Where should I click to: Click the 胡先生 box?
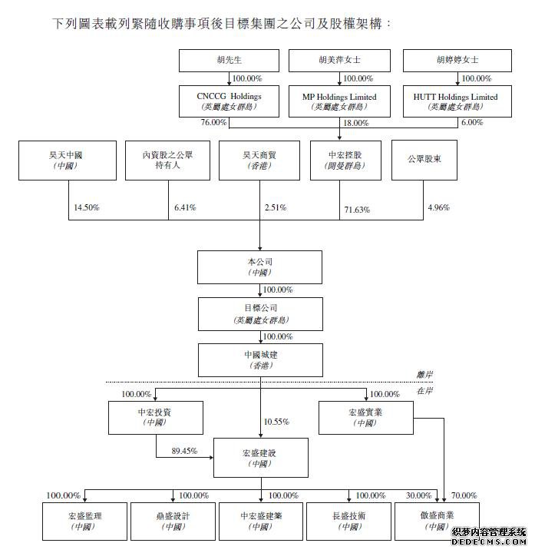(230, 60)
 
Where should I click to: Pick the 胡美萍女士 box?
(339, 60)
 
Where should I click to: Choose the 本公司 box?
(259, 267)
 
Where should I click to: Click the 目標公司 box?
(259, 313)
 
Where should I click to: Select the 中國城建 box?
(259, 359)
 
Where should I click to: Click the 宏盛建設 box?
(259, 458)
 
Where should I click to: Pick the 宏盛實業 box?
(367, 417)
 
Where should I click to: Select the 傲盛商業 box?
(435, 520)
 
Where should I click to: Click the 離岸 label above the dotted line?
(424, 374)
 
